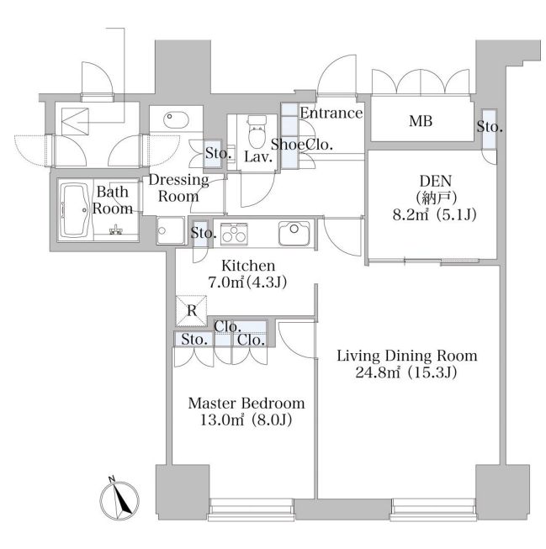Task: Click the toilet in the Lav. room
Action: [257, 132]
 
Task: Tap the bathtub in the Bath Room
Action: [76, 210]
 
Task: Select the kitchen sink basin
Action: [294, 233]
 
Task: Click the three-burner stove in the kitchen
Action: [233, 234]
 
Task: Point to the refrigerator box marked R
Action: [191, 310]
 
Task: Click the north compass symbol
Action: [119, 499]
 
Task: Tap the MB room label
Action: [421, 121]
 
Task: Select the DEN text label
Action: [436, 181]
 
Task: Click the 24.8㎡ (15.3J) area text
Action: [406, 373]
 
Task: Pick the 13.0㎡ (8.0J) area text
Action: [246, 420]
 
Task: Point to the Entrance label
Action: [331, 113]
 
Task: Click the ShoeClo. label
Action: [302, 145]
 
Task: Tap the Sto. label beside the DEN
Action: [490, 127]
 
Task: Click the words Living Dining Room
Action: [407, 356]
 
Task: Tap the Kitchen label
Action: [248, 266]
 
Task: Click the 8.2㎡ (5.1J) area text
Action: [434, 214]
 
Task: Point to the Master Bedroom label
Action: [246, 404]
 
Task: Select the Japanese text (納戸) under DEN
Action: [436, 198]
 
